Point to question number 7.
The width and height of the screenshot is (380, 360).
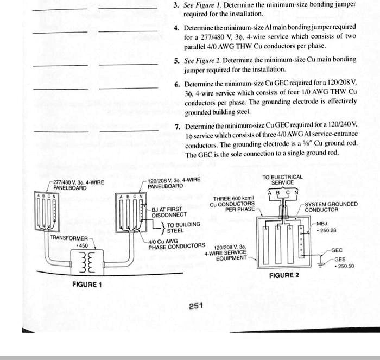coord(177,127)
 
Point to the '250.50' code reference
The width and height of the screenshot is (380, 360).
coord(345,266)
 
